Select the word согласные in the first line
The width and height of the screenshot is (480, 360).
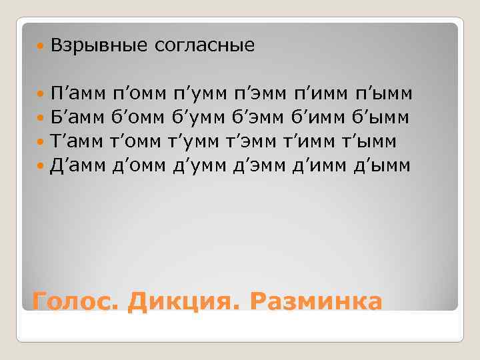point(205,46)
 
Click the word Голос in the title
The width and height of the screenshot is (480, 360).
point(73,301)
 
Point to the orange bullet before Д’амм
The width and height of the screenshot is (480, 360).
point(41,166)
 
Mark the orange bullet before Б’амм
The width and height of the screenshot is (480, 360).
point(41,118)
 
